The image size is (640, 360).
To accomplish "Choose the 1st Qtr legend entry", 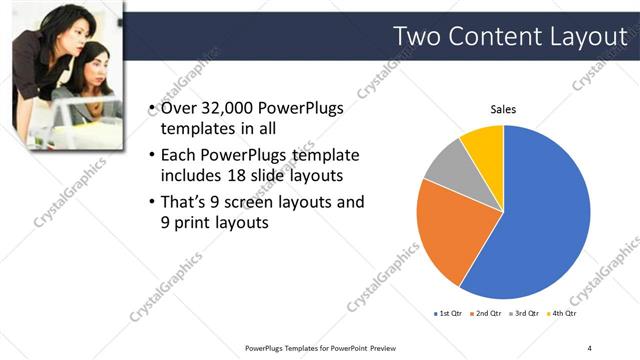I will click(445, 313).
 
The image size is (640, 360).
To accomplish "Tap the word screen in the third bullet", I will click(251, 203).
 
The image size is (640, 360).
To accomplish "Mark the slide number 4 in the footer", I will click(590, 347).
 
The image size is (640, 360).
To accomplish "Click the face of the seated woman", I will click(93, 67).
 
